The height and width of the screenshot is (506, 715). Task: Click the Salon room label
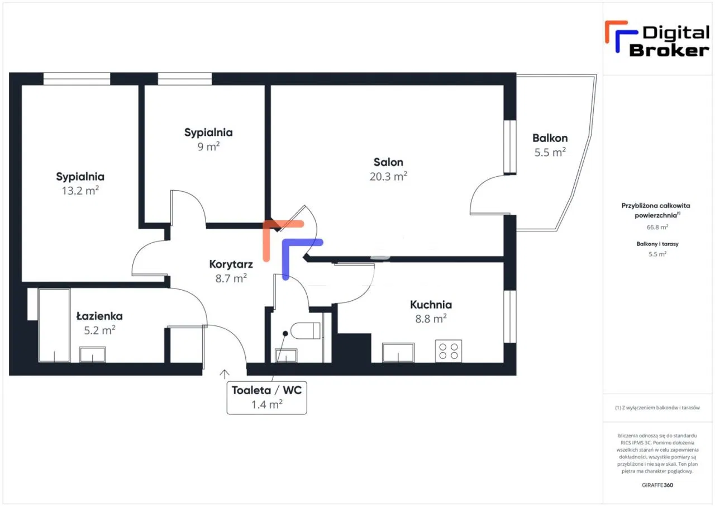coord(388,162)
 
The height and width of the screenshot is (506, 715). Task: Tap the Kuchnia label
coord(431,305)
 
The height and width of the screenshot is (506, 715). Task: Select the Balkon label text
coord(550,138)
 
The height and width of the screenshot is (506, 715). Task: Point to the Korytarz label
coord(231,264)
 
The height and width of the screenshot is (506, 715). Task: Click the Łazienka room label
coord(99,316)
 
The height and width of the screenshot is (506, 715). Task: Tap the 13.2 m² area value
coord(80,190)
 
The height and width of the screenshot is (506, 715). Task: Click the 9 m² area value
coord(208,146)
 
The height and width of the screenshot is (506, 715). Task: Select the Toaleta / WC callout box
coord(266,397)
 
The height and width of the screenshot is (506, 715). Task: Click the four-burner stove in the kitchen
coord(448,351)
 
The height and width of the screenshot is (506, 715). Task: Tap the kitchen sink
coord(398,353)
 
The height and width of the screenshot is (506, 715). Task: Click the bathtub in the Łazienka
coord(54,325)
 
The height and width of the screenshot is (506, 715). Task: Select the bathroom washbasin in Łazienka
coord(92,354)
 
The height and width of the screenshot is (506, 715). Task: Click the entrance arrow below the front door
coord(225,374)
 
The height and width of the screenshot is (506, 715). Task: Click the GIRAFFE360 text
coord(657,485)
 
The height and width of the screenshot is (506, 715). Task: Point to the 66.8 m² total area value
coord(657,228)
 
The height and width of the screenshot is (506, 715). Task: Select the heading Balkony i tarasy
coord(657,244)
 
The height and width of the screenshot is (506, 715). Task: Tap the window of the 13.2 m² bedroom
coord(77,79)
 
